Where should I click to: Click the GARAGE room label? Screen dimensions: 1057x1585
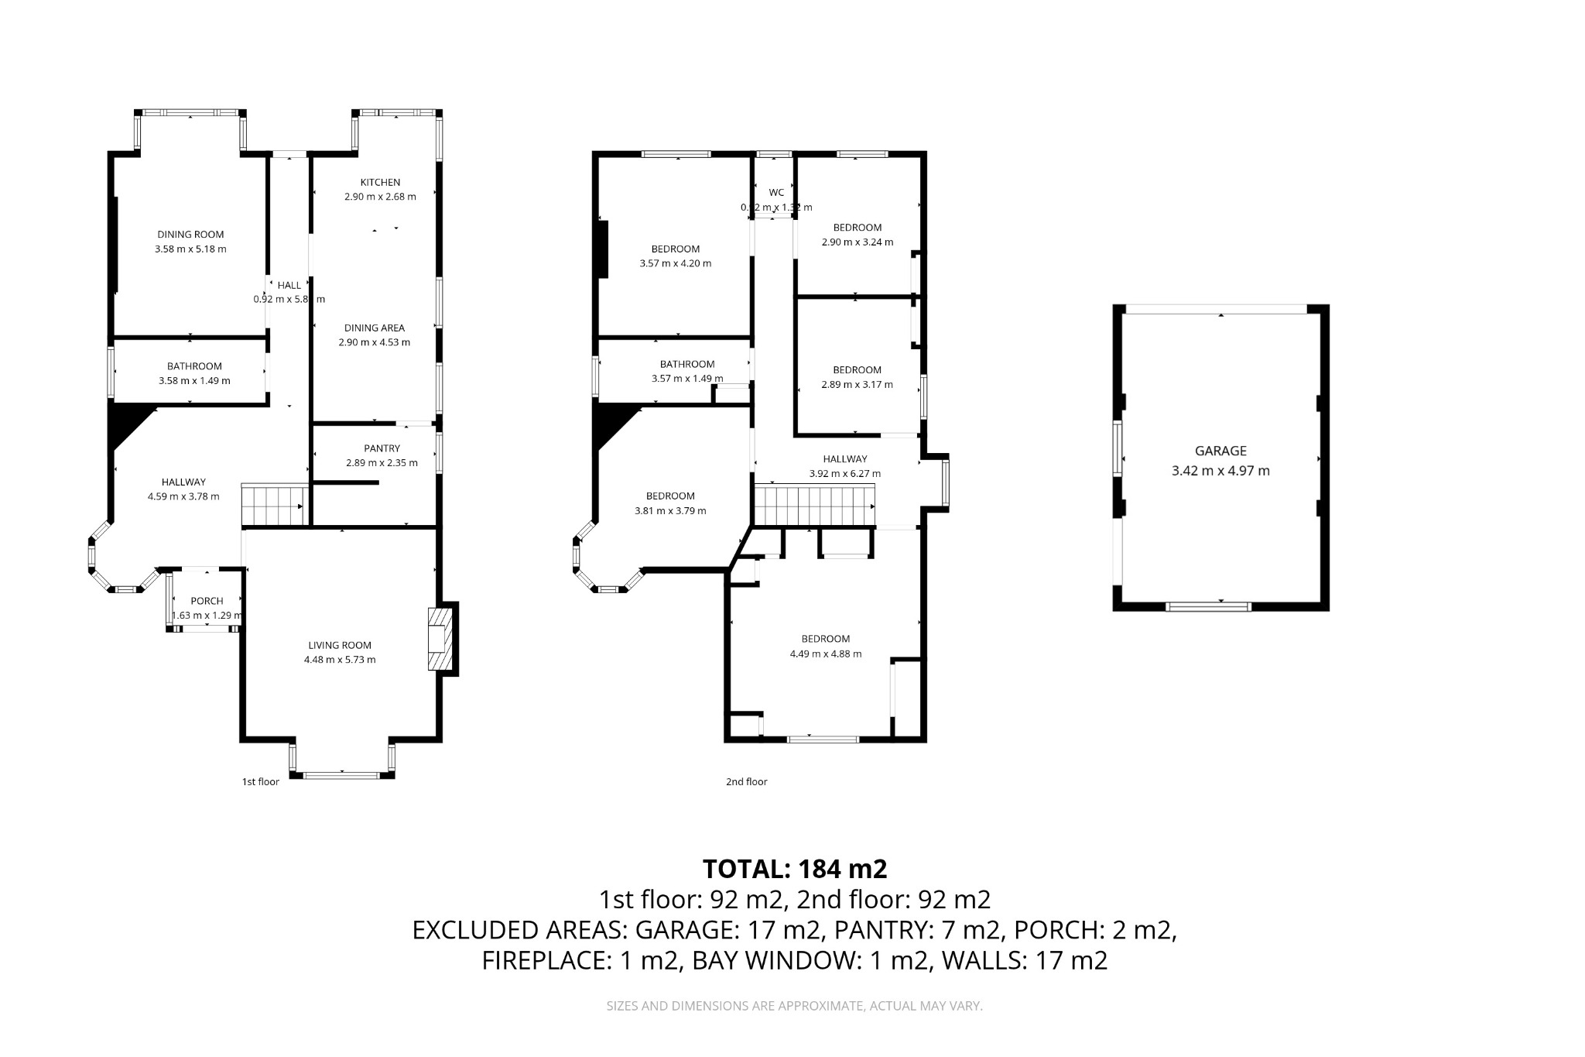pos(1220,451)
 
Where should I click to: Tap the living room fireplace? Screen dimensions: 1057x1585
pos(440,639)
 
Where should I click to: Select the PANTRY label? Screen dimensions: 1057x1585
pos(382,448)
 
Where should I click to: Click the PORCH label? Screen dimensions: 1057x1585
pos(207,601)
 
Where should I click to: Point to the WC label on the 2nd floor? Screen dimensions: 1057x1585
pos(776,193)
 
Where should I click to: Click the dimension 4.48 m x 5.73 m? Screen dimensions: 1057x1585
pos(340,660)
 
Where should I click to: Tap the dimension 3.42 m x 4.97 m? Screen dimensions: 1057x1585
pos(1220,471)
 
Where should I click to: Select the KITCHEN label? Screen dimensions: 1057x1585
pos(380,183)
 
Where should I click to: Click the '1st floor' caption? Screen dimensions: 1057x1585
pos(260,782)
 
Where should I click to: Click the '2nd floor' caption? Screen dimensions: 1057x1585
pos(746,782)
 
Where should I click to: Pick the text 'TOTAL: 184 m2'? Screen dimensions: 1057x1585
pos(794,869)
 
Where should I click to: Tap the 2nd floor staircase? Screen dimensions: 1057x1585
pos(814,505)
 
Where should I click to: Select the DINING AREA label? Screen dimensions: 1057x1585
pos(375,328)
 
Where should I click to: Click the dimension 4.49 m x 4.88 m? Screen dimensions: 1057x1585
pos(825,654)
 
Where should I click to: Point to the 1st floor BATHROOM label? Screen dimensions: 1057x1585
pos(194,366)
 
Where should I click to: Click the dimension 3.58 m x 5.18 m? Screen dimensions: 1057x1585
pos(190,249)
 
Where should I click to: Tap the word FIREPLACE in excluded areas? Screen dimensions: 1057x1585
pos(546,960)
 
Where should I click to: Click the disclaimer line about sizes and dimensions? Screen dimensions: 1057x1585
pos(794,1006)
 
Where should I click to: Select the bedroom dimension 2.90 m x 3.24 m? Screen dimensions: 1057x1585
pos(857,242)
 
